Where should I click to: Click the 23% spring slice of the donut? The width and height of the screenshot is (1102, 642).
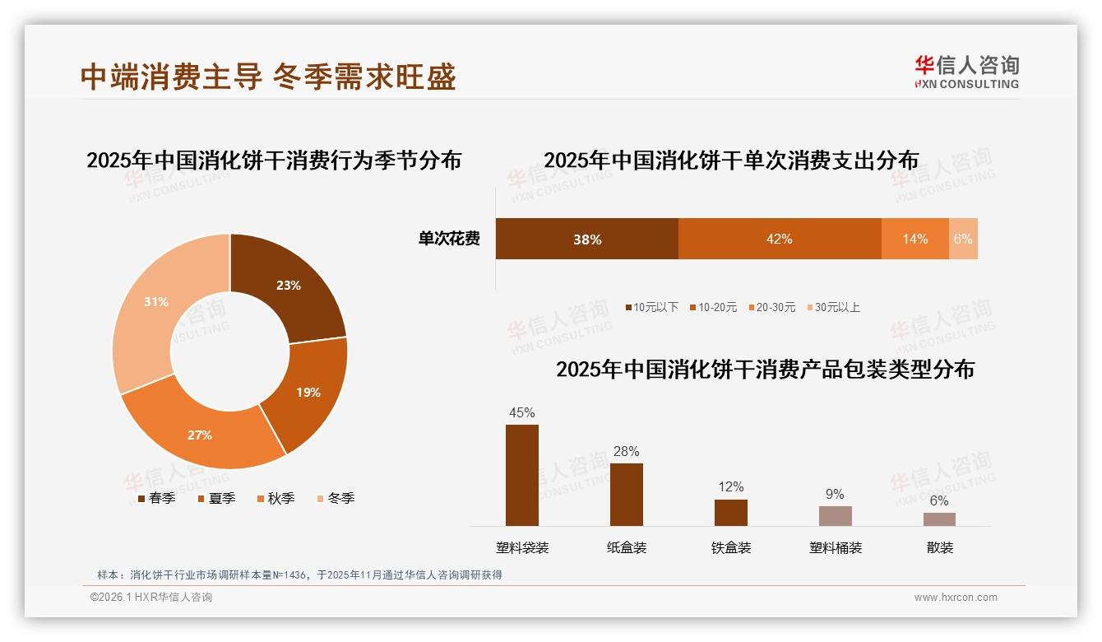point(284,284)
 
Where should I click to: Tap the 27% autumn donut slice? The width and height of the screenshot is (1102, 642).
point(201,432)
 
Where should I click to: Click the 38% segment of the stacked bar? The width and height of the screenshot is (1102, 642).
point(587,239)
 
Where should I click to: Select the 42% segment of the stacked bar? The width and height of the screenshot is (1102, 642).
point(779,239)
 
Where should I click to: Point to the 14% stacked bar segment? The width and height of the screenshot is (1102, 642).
point(914,239)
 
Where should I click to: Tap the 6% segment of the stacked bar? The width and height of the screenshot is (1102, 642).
point(963,239)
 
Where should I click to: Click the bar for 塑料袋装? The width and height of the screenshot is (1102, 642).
point(522,475)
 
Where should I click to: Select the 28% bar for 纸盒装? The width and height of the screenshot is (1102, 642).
point(627,494)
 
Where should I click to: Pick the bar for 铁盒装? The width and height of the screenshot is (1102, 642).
point(731,512)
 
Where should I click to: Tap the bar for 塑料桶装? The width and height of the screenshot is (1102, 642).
point(836,515)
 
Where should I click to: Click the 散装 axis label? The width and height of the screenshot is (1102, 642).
point(940,547)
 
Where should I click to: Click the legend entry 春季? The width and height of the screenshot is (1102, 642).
point(156,498)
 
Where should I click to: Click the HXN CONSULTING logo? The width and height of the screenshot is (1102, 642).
point(966,72)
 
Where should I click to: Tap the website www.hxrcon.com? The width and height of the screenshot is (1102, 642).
point(956,598)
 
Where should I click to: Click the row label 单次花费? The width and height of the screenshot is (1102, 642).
point(449,239)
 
